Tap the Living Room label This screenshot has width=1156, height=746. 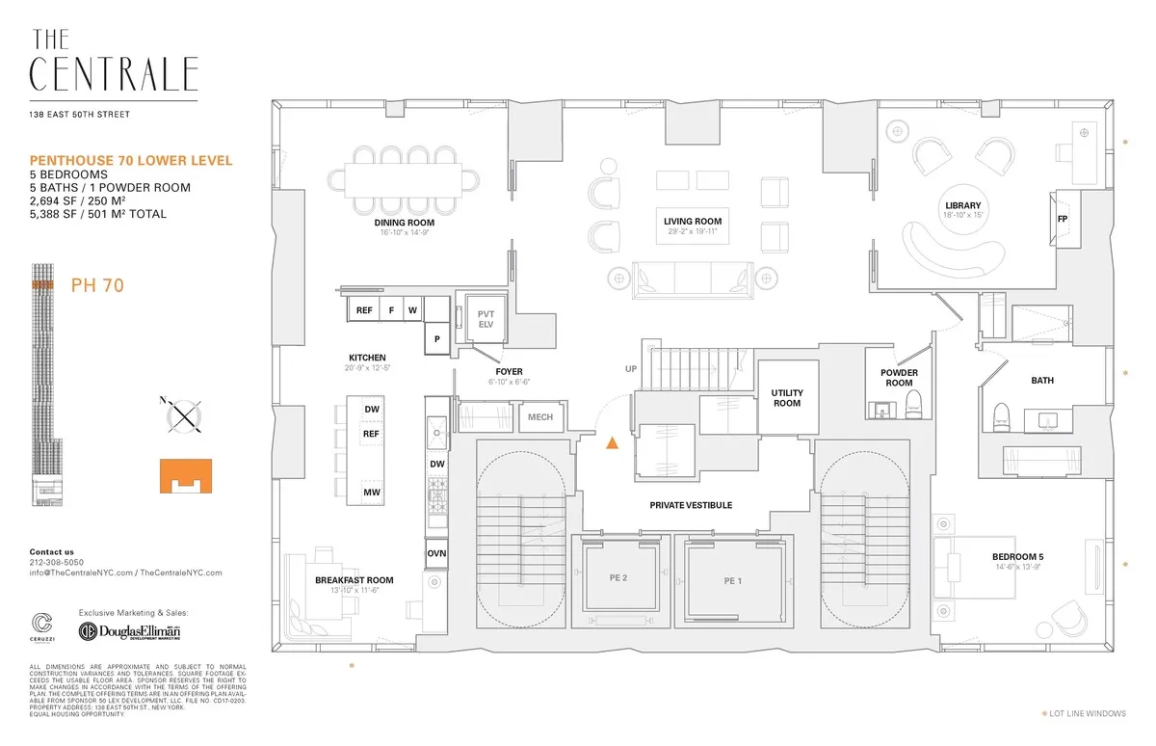[692, 222]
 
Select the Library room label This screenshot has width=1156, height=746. [962, 205]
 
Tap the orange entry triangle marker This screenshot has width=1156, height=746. [611, 444]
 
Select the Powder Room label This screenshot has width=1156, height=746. [899, 378]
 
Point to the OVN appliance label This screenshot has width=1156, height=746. [436, 554]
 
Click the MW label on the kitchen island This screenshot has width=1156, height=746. [371, 493]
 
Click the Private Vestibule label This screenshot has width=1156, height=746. [690, 505]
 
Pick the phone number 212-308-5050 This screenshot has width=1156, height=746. [56, 562]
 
